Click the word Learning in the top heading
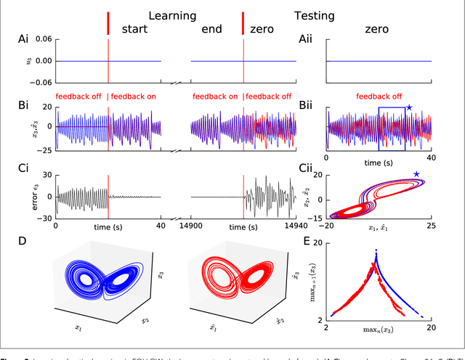tap(171, 15)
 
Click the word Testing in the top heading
tap(314, 15)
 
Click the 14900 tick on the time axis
tap(190, 225)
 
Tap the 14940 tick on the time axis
tap(294, 225)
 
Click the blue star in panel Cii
tap(416, 174)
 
